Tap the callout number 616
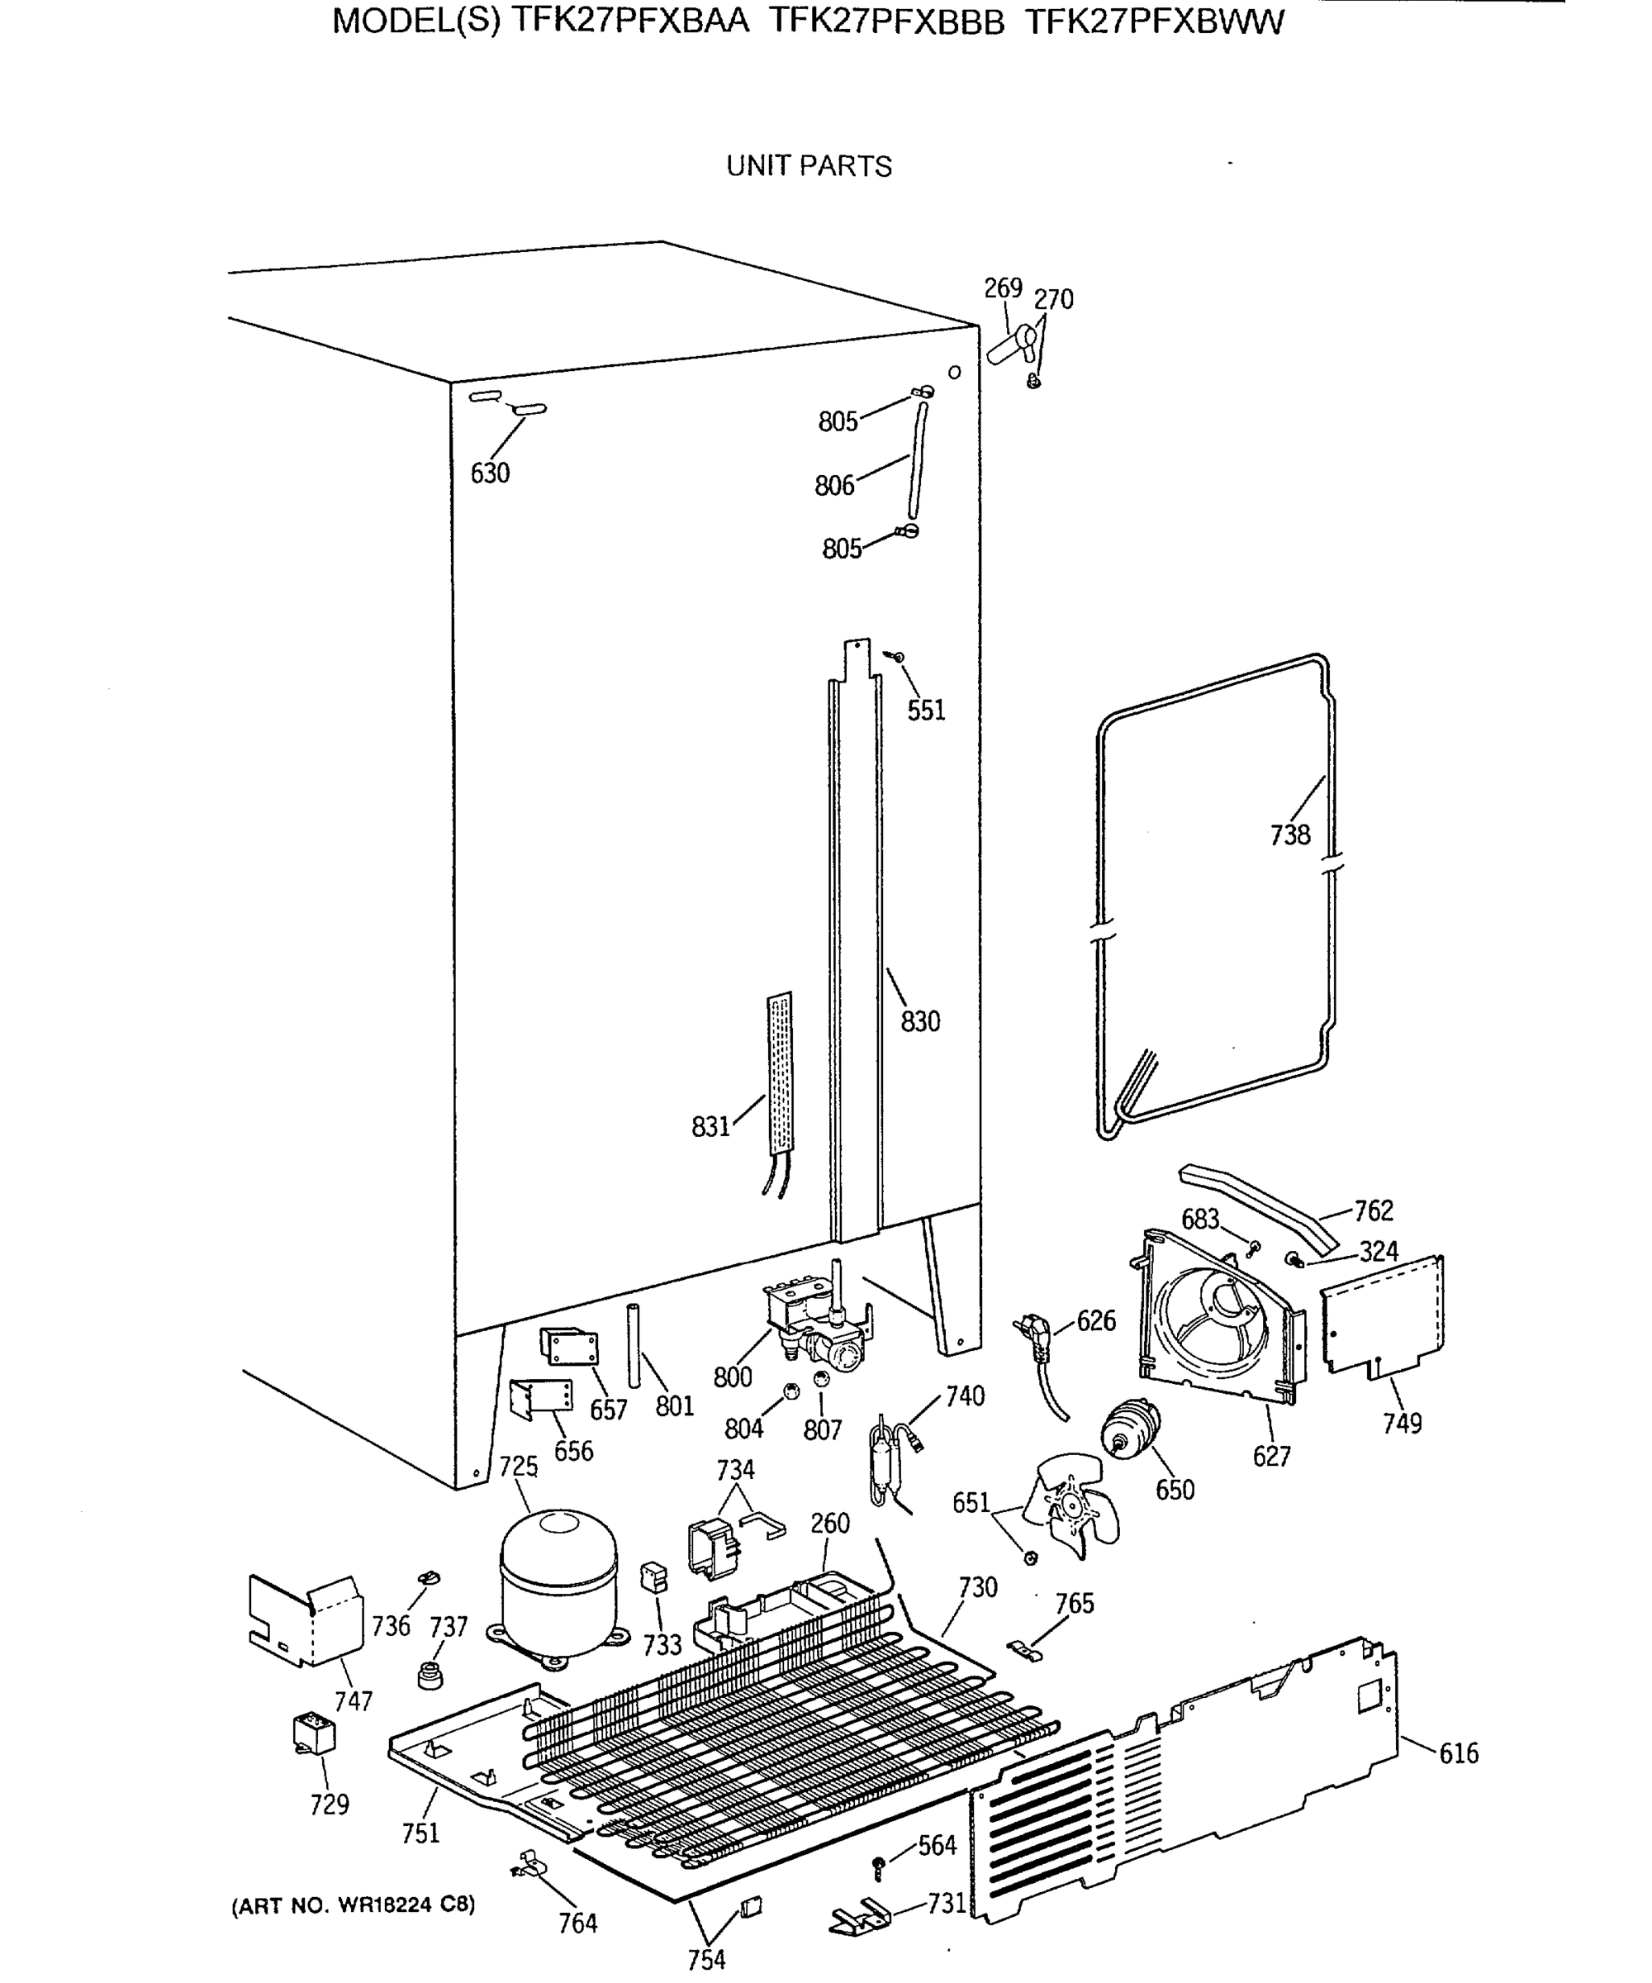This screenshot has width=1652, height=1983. tap(1459, 1753)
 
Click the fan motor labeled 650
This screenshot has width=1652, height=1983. tap(1129, 1429)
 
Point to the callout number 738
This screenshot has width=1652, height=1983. tap(1289, 835)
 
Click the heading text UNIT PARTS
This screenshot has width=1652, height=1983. tap(809, 166)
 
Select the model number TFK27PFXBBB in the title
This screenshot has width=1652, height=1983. tap(886, 21)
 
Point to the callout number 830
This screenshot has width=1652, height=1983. tap(919, 1022)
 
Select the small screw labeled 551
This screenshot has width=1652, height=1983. tap(898, 656)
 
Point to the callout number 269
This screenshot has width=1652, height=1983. tap(1003, 288)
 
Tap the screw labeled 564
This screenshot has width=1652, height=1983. tap(879, 1864)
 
